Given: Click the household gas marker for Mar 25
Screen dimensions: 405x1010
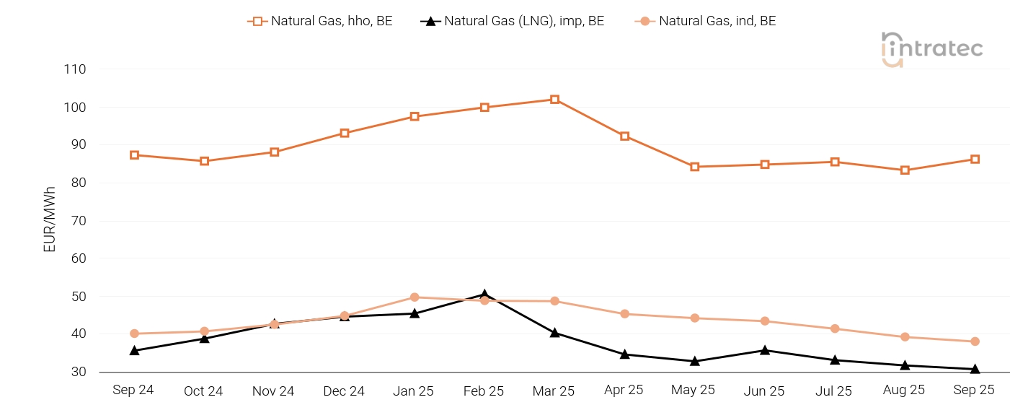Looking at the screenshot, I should pyautogui.click(x=554, y=100).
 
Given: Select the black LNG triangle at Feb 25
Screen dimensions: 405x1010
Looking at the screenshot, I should pyautogui.click(x=484, y=295).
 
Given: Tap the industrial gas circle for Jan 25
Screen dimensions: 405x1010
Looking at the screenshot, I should pyautogui.click(x=415, y=297).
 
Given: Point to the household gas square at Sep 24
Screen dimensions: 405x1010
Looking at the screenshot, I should pyautogui.click(x=135, y=155).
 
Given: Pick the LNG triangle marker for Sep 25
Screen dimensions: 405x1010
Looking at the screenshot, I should pyautogui.click(x=975, y=369).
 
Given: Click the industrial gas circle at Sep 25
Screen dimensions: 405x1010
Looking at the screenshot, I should pyautogui.click(x=975, y=341).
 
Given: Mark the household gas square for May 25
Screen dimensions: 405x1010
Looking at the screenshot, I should pyautogui.click(x=695, y=167).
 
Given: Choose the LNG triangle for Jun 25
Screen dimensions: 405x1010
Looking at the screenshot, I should pyautogui.click(x=765, y=350).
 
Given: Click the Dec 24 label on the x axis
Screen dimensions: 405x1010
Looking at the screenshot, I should pyautogui.click(x=344, y=391).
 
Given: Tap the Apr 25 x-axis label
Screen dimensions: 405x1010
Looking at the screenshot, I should pyautogui.click(x=624, y=391).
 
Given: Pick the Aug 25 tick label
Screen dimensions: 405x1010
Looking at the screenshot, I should pyautogui.click(x=904, y=391).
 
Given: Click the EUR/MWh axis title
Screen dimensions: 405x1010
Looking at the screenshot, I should pyautogui.click(x=50, y=219).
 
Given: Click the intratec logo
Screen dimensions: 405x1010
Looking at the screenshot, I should pyautogui.click(x=931, y=48).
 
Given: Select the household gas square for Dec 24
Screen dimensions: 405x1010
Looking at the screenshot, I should pyautogui.click(x=345, y=134).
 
